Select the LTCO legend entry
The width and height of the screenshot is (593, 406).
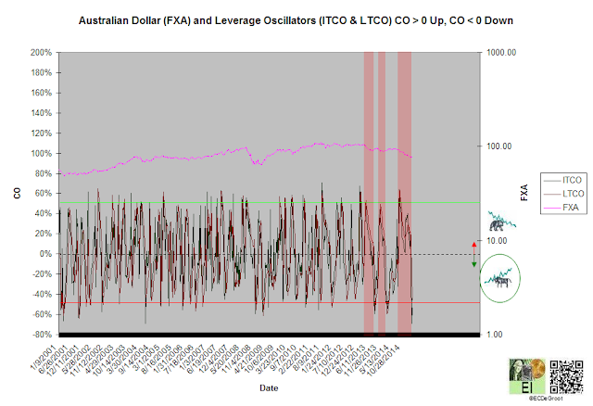pos(549,192)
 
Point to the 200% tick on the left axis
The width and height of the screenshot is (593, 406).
pos(39,52)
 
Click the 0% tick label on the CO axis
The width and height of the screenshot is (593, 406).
pos(44,254)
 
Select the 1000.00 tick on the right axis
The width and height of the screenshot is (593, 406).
pos(503,53)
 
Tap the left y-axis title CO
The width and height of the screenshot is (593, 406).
pos(16,193)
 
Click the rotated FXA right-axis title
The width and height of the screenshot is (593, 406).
pos(524,193)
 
